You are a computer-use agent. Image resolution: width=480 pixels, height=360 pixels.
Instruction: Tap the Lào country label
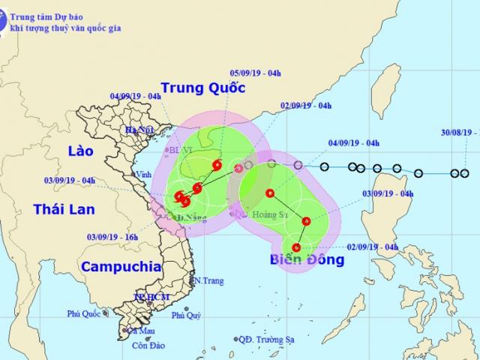(79, 151)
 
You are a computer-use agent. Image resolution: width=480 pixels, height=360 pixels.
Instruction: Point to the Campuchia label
(121, 266)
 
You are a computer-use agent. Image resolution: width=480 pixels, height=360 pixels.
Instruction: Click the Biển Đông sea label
(308, 260)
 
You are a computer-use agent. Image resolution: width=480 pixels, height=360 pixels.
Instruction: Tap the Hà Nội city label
(140, 130)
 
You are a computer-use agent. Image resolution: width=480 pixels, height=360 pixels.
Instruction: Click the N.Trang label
(209, 281)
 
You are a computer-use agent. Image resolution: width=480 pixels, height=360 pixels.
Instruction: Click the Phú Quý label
(186, 315)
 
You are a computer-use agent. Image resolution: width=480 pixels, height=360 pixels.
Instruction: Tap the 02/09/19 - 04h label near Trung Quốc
(306, 106)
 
